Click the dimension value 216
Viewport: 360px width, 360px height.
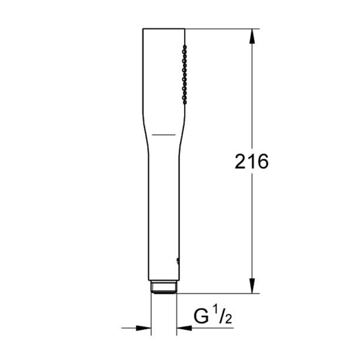click(x=251, y=162)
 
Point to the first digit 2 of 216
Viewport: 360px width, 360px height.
click(x=240, y=162)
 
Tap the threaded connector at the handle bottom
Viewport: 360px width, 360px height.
click(x=164, y=288)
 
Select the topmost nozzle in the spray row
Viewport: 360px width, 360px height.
click(x=185, y=45)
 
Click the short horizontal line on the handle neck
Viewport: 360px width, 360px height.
click(x=164, y=135)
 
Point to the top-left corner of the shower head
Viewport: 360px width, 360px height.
click(x=143, y=29)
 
